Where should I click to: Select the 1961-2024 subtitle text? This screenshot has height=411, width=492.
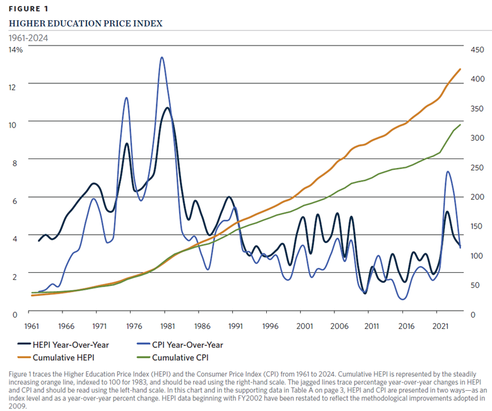[x=28, y=37]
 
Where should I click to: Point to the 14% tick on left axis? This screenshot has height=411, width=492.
[x=15, y=49]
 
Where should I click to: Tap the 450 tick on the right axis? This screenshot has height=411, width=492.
[x=471, y=49]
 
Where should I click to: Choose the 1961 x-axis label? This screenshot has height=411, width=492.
[x=30, y=326]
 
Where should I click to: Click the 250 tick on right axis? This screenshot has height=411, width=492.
[x=471, y=167]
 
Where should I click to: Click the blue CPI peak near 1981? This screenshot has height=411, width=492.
[x=162, y=57]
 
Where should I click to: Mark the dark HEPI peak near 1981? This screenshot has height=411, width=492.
[x=167, y=108]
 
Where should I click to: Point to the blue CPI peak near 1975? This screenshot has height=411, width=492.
[x=126, y=98]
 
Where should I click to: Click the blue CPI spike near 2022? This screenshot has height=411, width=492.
[x=447, y=172]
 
